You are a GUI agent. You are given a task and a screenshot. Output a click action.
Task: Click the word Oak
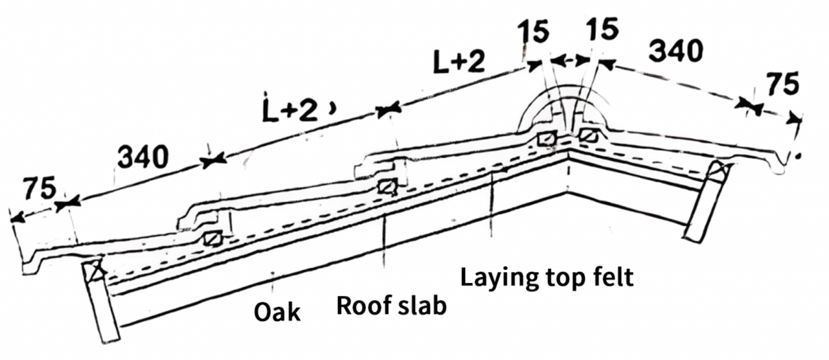[x=277, y=312]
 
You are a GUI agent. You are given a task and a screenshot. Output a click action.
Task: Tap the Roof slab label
[x=392, y=306]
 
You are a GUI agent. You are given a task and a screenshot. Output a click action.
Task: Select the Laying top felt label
[x=547, y=278]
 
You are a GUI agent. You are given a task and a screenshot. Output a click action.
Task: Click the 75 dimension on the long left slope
[x=40, y=188]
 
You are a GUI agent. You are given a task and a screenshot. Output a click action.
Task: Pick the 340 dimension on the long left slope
[x=143, y=157]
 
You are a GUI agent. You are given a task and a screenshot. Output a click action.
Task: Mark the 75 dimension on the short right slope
[x=782, y=84]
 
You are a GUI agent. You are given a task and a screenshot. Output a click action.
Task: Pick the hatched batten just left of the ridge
[x=547, y=139]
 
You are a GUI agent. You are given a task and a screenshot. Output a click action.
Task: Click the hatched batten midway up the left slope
[x=387, y=186]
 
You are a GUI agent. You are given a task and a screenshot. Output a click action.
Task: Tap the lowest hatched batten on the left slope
[x=213, y=239]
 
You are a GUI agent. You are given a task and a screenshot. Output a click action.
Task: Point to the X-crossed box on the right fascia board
[x=719, y=170]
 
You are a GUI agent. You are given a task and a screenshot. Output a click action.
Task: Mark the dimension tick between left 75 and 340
[x=68, y=204]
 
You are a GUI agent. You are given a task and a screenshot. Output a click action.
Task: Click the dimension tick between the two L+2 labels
[x=388, y=110]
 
